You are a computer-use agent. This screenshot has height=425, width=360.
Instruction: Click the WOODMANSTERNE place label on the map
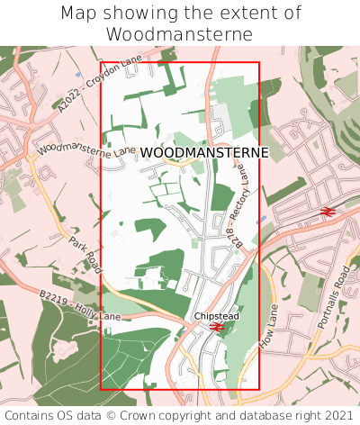(204, 153)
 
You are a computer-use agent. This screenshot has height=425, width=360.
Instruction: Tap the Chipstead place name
(216, 316)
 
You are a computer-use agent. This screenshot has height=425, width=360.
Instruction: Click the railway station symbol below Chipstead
(217, 327)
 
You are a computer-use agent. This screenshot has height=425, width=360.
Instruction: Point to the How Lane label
(268, 326)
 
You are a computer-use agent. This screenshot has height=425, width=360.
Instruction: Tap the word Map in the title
(79, 14)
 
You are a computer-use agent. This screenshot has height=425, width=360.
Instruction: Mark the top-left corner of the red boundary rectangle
(101, 63)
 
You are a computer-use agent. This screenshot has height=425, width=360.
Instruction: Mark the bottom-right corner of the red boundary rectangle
(259, 389)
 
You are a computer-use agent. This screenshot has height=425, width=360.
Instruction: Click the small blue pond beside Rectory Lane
(261, 219)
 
